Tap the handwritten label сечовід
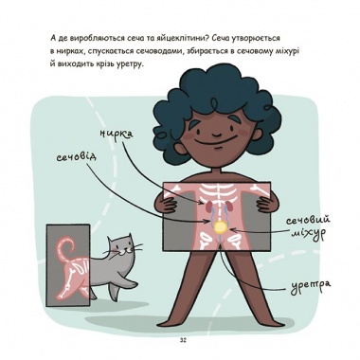[x=76, y=156]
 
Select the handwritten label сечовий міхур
[x=308, y=227]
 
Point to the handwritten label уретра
[x=311, y=285]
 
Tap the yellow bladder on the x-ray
[x=219, y=227]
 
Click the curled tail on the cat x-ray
[x=65, y=248]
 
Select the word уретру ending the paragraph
[x=130, y=64]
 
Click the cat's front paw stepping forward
[x=131, y=284]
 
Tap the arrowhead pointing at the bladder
[x=235, y=230]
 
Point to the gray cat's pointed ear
[x=129, y=237]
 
